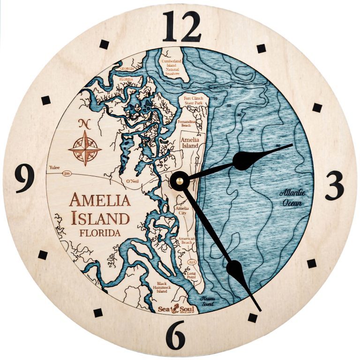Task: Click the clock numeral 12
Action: coord(182,26)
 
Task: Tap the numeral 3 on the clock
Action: coord(334,185)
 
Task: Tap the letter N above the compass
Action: coord(84,124)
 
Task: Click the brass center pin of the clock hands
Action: coord(179,180)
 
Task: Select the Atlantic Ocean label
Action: coord(291,198)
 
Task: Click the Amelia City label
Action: coord(181,210)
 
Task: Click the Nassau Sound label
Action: coord(207,301)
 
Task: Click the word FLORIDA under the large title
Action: coord(99,232)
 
